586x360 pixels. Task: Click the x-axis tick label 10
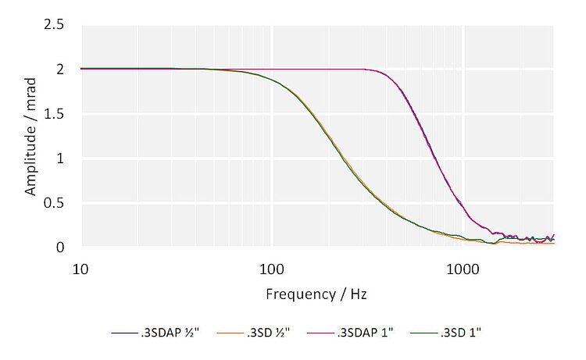point(80,268)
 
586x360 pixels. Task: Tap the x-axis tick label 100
point(271,268)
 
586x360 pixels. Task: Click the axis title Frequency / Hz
point(316,294)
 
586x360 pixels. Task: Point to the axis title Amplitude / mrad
point(30,137)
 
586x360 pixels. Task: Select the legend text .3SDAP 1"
point(365,333)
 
